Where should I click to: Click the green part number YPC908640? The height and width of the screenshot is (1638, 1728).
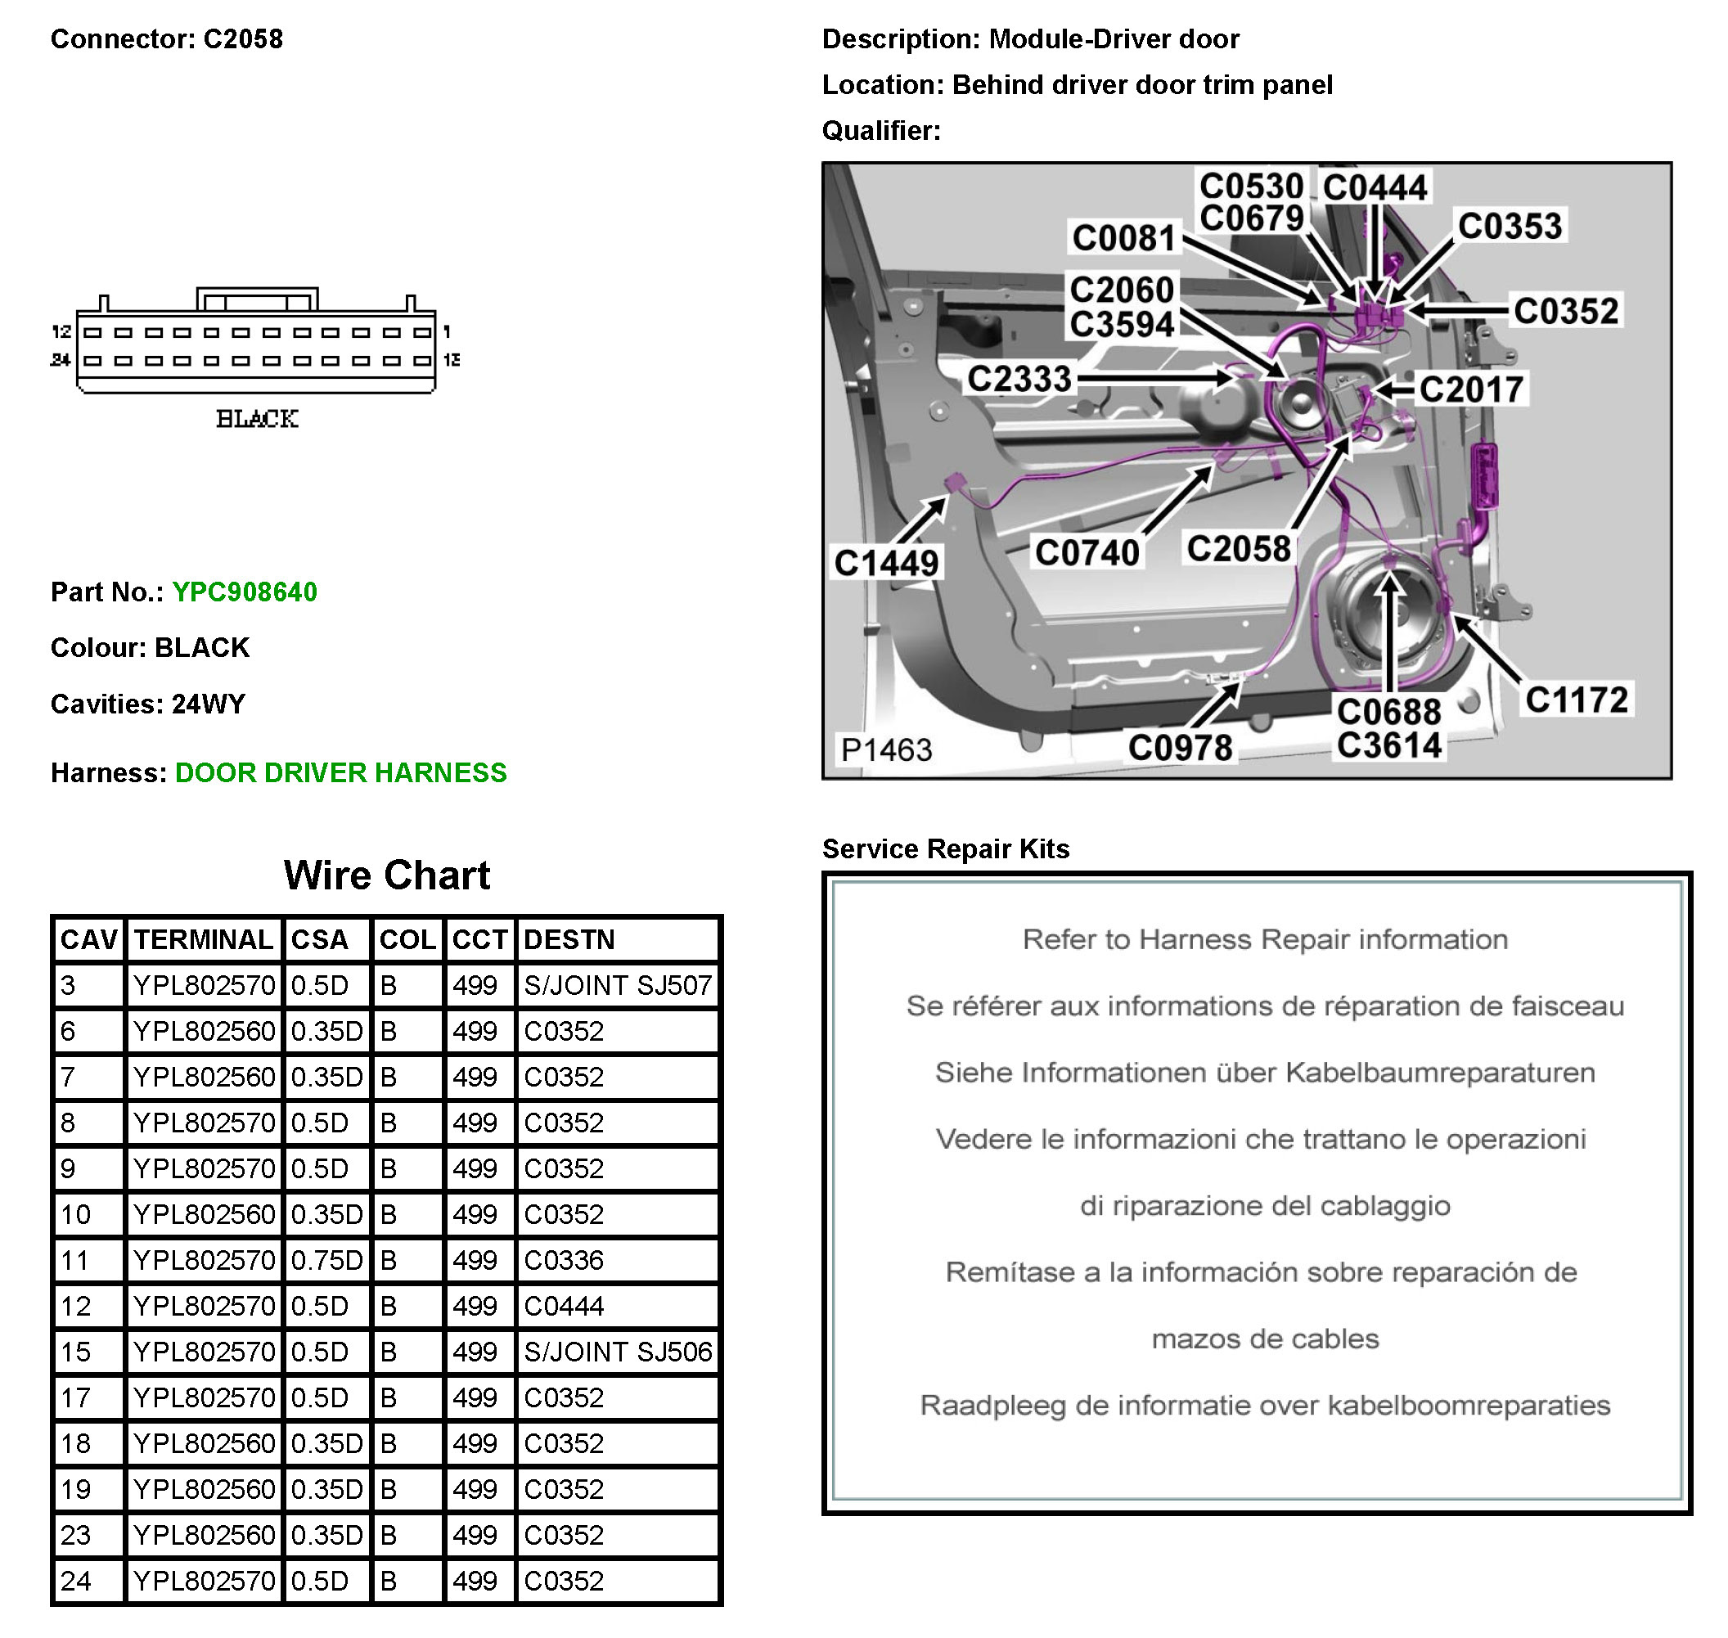point(245,592)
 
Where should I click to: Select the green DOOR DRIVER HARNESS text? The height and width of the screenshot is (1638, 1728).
point(340,772)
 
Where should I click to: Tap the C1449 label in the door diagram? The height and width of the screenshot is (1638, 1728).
point(885,563)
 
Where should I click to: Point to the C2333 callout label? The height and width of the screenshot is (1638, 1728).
point(1019,379)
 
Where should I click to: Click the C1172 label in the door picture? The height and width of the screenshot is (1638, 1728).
point(1576,700)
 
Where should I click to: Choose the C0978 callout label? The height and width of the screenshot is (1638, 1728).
point(1180,747)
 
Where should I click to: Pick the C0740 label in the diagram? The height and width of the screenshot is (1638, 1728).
point(1087,553)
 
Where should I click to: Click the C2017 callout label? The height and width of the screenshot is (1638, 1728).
point(1471,389)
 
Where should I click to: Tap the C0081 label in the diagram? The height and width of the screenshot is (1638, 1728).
point(1123,237)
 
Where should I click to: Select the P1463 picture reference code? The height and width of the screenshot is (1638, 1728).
point(885,749)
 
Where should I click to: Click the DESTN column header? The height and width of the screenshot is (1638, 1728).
point(569,939)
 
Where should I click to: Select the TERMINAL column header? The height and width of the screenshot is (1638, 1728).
point(204,939)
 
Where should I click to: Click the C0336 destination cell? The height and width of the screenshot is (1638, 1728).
point(563,1260)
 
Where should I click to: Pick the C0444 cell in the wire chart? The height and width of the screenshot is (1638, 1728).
point(563,1306)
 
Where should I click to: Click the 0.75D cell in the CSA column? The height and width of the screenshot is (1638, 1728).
point(326,1260)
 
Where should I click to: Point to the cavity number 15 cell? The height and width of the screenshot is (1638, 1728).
point(76,1352)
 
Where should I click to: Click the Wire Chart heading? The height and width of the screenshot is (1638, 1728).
point(387,875)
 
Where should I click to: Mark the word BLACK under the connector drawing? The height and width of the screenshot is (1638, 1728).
point(257,419)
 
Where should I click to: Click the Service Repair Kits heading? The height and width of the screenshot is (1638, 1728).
point(946,848)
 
